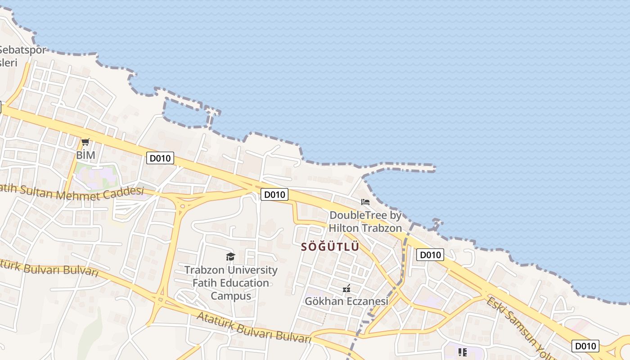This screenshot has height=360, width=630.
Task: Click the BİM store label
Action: [x=85, y=155]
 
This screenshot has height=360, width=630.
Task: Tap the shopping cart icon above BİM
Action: [x=85, y=143]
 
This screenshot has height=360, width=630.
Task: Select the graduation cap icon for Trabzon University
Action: [x=230, y=257]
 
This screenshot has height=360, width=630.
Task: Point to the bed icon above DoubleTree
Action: [x=365, y=202]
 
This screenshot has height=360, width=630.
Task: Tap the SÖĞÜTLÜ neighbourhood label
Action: [x=330, y=247]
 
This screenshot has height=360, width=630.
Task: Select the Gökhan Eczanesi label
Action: [x=346, y=301]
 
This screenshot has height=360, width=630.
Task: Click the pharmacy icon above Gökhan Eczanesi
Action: [x=346, y=288]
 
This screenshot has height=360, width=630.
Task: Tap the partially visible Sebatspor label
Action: [x=22, y=50]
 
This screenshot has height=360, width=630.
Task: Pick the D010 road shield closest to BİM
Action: [x=160, y=158]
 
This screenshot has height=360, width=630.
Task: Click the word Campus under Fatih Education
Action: [x=231, y=296]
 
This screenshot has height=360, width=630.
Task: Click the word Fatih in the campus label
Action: [x=206, y=283]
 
